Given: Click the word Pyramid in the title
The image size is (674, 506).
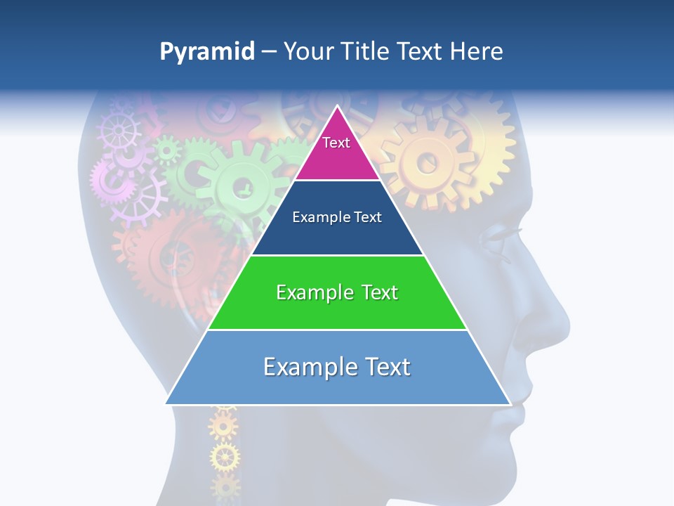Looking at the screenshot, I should coord(206,52).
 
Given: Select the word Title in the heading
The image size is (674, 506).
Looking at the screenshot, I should coord(365,52).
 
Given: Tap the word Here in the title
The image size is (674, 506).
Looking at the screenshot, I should coord(476,52).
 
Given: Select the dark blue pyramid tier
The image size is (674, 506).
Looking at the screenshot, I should coord(337,235).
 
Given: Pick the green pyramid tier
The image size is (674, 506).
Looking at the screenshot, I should coord(337,309).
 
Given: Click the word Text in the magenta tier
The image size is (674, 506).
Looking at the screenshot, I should coord(336,143).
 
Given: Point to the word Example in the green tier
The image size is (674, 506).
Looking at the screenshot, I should coord(312,292).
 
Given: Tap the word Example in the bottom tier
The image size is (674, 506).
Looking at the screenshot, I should coord(306,367).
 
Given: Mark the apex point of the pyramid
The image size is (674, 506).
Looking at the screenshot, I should coord(338,105).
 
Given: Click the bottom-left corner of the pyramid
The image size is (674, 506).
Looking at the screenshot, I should coord(166,404).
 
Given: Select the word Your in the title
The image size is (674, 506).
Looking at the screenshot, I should coord(308,52).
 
